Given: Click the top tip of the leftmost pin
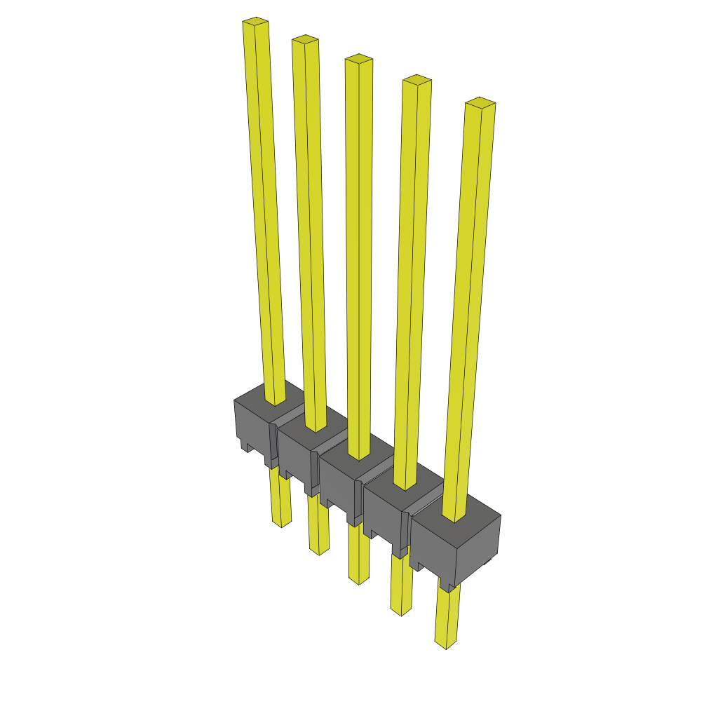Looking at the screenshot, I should coord(256,22).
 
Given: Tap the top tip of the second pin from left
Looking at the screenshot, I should coord(305,39).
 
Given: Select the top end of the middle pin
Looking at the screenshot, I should coord(358,59).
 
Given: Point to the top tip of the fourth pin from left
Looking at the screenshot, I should coord(416,80).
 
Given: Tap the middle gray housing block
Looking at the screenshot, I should coord(339,484).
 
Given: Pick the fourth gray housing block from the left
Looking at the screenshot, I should coord(383,515).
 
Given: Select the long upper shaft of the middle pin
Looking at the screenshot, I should coord(358,252).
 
